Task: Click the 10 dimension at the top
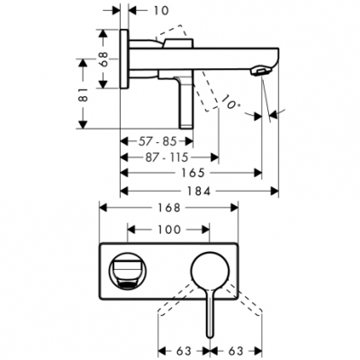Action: tap(160, 10)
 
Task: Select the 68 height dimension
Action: tap(103, 58)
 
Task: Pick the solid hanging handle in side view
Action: tap(184, 106)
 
